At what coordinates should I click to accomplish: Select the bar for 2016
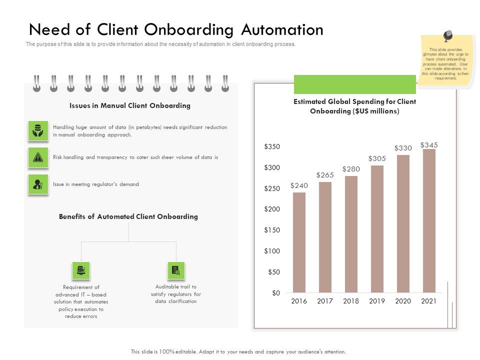click(x=299, y=242)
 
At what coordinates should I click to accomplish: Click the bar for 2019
click(x=377, y=229)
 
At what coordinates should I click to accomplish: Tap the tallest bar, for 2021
click(x=429, y=220)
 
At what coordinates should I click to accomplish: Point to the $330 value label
click(x=403, y=148)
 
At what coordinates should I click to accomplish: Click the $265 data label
click(x=325, y=175)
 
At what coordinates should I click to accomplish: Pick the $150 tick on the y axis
click(x=272, y=230)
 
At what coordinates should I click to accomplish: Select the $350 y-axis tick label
click(x=272, y=146)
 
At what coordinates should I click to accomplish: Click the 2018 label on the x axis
click(x=351, y=301)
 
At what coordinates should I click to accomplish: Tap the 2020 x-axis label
click(x=403, y=301)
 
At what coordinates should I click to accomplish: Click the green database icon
click(x=38, y=131)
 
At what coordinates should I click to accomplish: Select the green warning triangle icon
click(x=38, y=157)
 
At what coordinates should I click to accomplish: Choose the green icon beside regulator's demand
click(x=38, y=184)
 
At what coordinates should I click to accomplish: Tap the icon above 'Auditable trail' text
click(x=176, y=270)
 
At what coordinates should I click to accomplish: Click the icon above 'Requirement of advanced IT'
click(x=81, y=270)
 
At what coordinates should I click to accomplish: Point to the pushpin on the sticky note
click(x=447, y=36)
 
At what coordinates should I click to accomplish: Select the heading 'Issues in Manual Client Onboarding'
click(x=130, y=106)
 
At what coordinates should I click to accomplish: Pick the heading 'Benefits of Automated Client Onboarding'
click(x=128, y=216)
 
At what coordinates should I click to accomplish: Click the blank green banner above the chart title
click(x=355, y=84)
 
